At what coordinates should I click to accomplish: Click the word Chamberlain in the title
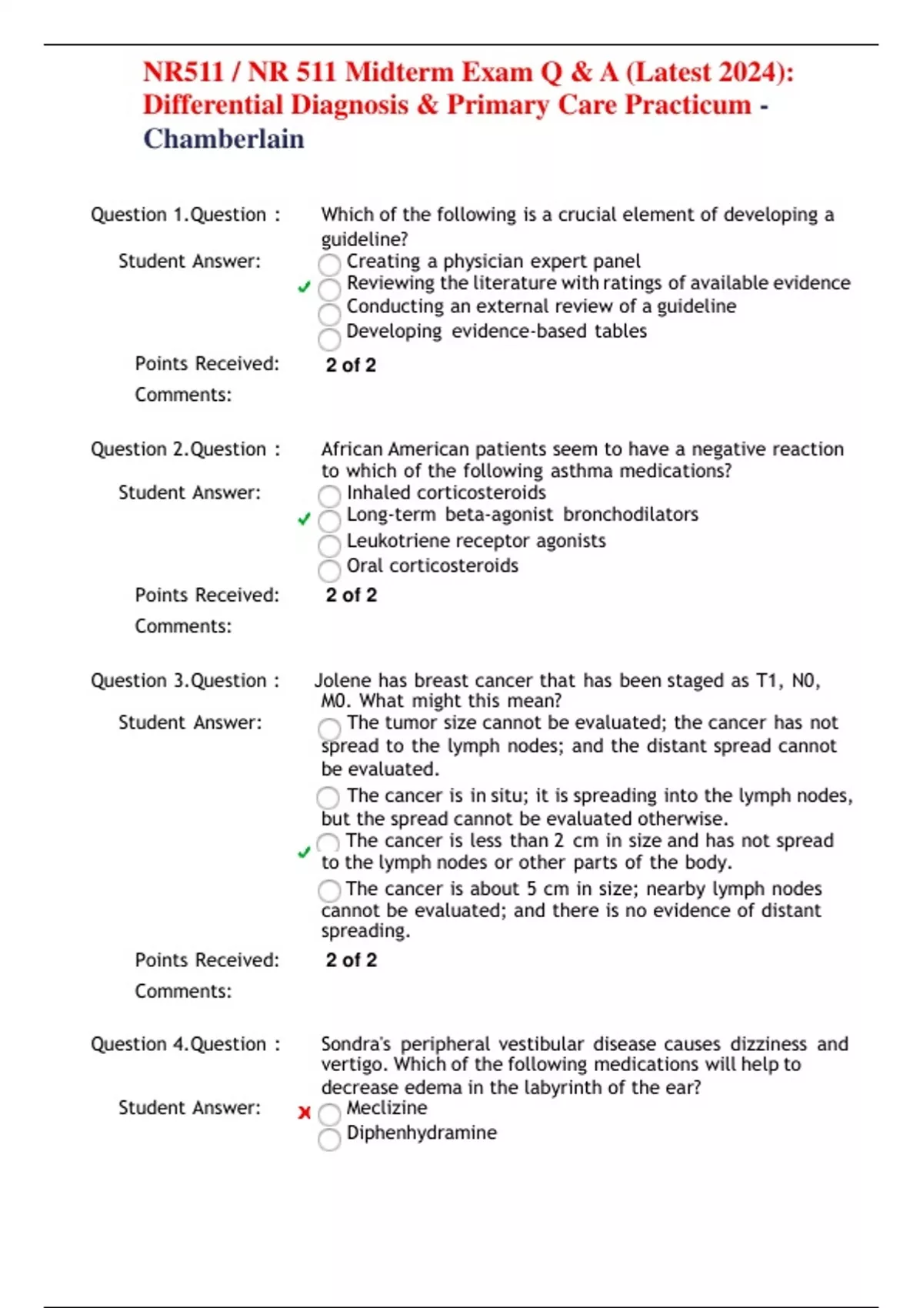(x=224, y=139)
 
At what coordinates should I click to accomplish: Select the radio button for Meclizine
(x=329, y=1114)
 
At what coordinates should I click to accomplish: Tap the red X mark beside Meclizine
(x=305, y=1113)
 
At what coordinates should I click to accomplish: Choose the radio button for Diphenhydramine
(x=329, y=1139)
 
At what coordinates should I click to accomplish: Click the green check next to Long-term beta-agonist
(x=304, y=519)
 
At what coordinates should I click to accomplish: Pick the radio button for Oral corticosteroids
(x=329, y=570)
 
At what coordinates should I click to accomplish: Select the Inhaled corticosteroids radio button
(x=329, y=496)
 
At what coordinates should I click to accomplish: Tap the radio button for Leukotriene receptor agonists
(x=329, y=546)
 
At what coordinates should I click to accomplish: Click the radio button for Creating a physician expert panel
(x=329, y=265)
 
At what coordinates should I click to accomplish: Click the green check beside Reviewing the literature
(x=304, y=287)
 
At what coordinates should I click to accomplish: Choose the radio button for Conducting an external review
(x=329, y=314)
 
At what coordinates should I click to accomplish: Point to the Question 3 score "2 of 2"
(x=352, y=960)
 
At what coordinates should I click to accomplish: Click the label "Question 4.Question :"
(x=185, y=1044)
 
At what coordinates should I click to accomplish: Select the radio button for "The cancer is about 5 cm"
(x=329, y=891)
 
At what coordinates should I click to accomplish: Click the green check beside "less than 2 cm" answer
(x=304, y=853)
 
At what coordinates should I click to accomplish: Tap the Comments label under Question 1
(x=183, y=395)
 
